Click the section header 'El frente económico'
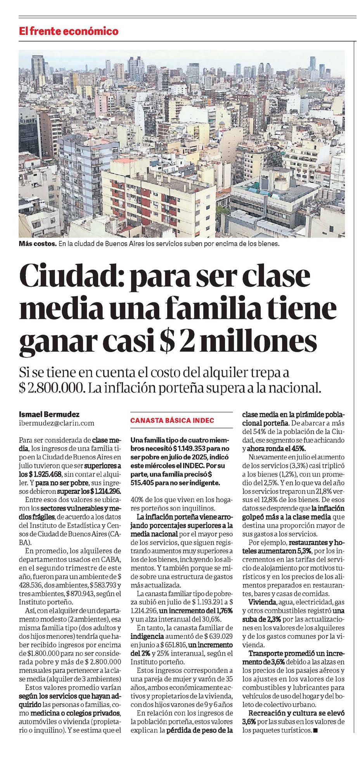[69, 31]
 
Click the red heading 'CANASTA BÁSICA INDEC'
[172, 421]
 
